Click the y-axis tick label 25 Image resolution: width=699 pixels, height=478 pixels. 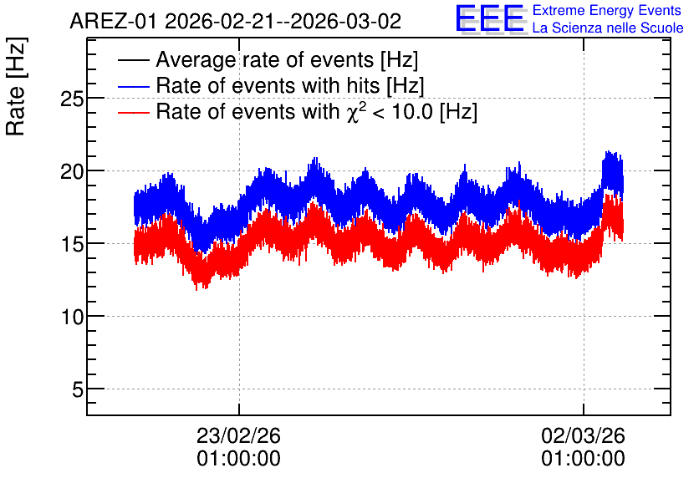(72, 99)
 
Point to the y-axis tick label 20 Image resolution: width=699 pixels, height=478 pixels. (72, 171)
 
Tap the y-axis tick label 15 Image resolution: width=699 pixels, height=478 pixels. (72, 244)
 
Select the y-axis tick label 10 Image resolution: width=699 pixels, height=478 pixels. (72, 318)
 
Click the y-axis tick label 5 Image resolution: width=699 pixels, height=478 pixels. (78, 389)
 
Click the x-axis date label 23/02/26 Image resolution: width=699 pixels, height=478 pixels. (238, 435)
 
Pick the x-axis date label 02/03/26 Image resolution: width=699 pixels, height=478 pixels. (583, 435)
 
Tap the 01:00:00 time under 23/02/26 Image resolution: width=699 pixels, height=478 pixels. (238, 459)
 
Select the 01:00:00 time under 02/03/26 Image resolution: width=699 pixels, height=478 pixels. (583, 459)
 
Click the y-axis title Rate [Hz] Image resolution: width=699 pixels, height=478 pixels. (16, 86)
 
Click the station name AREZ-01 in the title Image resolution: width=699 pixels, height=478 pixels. (114, 21)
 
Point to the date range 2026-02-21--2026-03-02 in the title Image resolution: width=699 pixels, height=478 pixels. (283, 21)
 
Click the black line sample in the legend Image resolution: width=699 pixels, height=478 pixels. (133, 60)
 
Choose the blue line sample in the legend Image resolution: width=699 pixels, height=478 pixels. (133, 86)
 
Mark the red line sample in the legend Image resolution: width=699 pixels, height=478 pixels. (133, 112)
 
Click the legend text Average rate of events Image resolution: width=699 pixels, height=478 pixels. (265, 59)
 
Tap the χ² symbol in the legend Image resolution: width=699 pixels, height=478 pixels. (356, 111)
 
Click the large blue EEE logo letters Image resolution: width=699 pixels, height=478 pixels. (490, 18)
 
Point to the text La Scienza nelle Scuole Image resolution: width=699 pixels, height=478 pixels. (608, 28)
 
